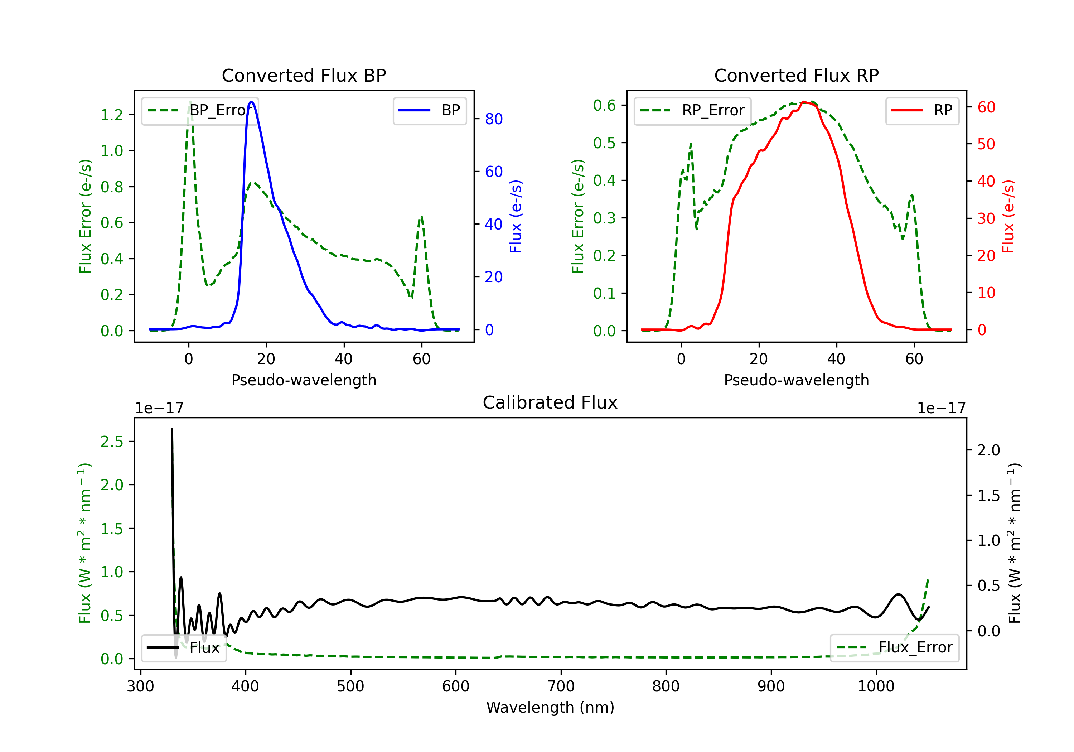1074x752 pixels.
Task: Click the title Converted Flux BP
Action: [x=304, y=75]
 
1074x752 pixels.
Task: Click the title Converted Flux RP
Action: [x=797, y=75]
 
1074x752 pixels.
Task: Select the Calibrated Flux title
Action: [x=550, y=402]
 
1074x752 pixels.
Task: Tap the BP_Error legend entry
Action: [x=200, y=110]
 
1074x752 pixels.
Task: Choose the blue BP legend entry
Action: [x=429, y=110]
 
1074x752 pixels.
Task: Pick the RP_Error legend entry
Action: [x=692, y=110]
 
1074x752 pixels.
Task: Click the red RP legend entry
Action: [x=922, y=110]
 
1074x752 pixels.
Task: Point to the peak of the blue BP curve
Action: [x=251, y=102]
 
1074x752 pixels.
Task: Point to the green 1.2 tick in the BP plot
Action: [x=112, y=115]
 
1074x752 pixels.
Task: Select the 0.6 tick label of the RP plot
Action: [x=604, y=105]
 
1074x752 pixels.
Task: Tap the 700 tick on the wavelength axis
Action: [x=561, y=686]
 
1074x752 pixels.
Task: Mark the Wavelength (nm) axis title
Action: [x=550, y=707]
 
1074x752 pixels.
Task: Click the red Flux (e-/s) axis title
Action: [x=1008, y=217]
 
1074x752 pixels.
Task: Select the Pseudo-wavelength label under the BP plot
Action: [x=304, y=380]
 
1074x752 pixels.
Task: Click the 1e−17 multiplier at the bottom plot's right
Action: [x=941, y=408]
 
